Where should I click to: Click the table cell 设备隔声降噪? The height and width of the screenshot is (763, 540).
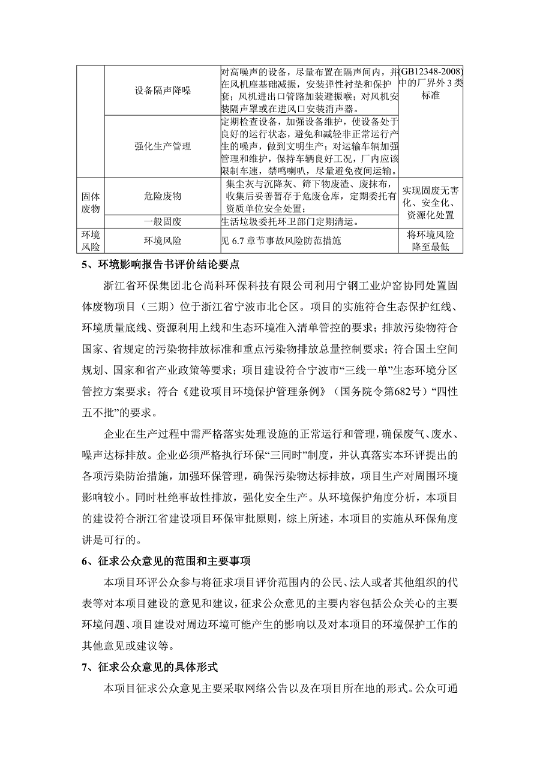click(x=163, y=91)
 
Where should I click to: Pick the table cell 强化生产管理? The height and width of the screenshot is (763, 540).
click(x=163, y=146)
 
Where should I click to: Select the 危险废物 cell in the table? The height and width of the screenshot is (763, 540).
click(x=163, y=196)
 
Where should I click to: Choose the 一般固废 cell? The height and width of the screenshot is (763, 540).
click(x=163, y=221)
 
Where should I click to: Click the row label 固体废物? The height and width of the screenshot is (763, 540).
click(x=91, y=202)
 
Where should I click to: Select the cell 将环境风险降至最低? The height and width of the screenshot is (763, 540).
click(x=431, y=241)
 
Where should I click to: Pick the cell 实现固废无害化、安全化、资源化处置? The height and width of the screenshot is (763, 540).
click(x=431, y=202)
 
